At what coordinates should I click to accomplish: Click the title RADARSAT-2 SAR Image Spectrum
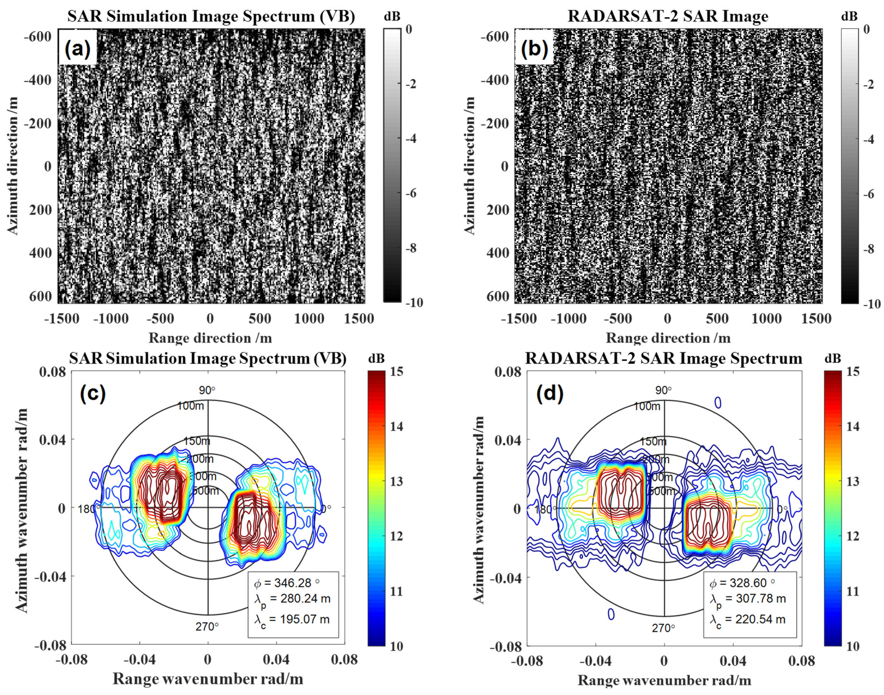[664, 358]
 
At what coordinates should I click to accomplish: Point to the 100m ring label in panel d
[647, 406]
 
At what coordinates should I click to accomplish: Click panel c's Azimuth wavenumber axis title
[23, 510]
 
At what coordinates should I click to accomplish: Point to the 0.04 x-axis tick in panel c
[276, 660]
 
